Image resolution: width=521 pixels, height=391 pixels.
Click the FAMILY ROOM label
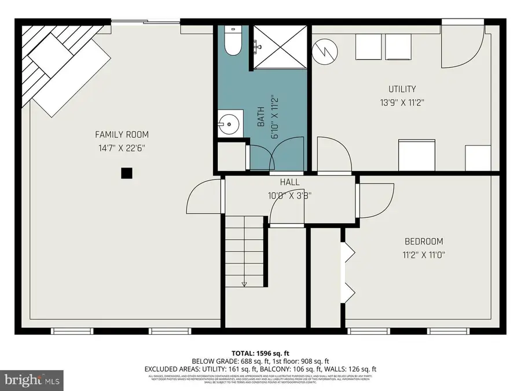pos(118,135)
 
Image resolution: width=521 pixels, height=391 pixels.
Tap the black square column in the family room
pos(125,172)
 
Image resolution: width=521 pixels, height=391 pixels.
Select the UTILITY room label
pos(402,89)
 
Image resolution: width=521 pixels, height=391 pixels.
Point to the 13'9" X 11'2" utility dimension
pos(402,102)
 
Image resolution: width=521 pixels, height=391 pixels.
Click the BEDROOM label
pos(423,242)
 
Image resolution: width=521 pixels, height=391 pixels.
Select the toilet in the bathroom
pos(233,41)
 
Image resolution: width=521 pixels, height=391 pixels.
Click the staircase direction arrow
pos(244,284)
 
